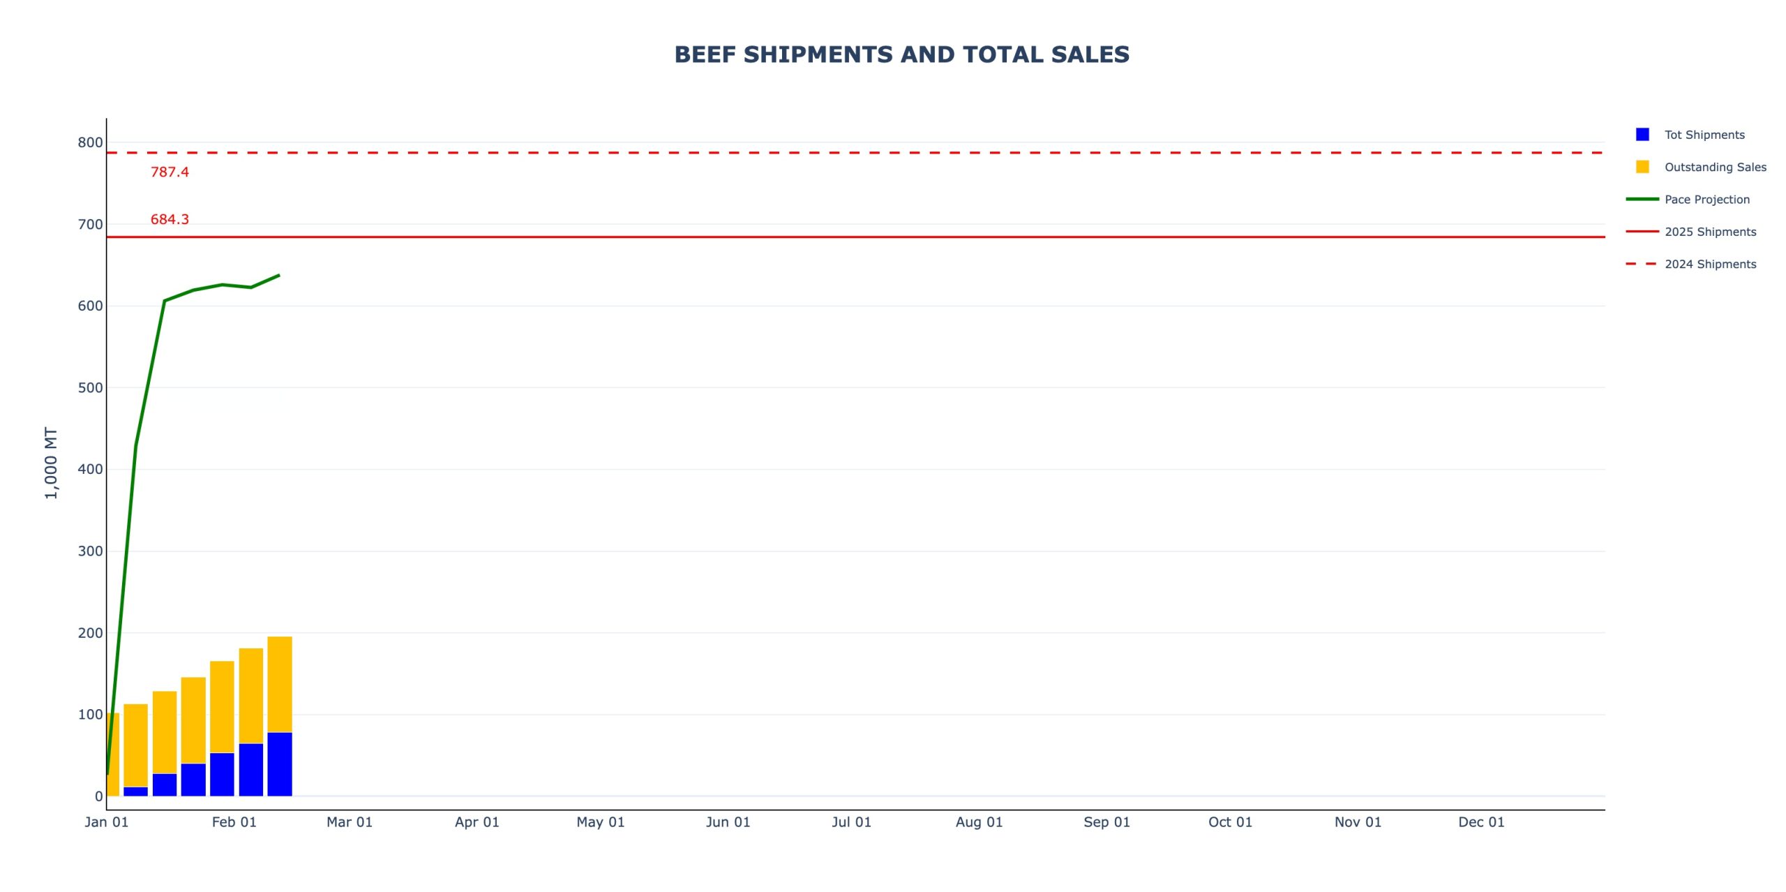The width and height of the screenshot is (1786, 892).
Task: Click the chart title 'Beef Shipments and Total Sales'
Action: pyautogui.click(x=901, y=54)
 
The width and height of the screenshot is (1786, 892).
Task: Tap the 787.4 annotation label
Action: pyautogui.click(x=170, y=172)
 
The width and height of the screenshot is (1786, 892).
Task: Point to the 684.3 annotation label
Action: pyautogui.click(x=170, y=220)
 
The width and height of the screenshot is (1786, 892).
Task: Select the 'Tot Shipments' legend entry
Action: pyautogui.click(x=1704, y=135)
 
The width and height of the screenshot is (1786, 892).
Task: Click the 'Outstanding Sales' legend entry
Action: pyautogui.click(x=1715, y=168)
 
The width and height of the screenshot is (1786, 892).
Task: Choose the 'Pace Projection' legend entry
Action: pyautogui.click(x=1706, y=200)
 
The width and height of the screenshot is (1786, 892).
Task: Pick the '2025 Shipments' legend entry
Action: pyautogui.click(x=1710, y=232)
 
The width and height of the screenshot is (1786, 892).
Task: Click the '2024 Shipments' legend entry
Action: pyautogui.click(x=1710, y=265)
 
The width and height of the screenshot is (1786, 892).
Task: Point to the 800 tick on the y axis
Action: pyautogui.click(x=90, y=142)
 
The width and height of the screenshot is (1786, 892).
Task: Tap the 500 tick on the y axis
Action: pyautogui.click(x=90, y=388)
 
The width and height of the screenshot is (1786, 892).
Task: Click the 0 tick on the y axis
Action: pyautogui.click(x=98, y=796)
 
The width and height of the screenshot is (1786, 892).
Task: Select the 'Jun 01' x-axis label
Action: pyautogui.click(x=728, y=822)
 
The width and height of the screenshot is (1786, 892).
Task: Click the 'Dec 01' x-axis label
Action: pyautogui.click(x=1481, y=822)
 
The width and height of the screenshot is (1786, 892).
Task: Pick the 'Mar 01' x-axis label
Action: pyautogui.click(x=350, y=822)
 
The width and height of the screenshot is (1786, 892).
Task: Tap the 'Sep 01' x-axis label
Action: pyautogui.click(x=1106, y=822)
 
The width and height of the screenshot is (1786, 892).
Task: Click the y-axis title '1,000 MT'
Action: pyautogui.click(x=51, y=463)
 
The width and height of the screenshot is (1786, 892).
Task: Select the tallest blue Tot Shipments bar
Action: pyautogui.click(x=280, y=764)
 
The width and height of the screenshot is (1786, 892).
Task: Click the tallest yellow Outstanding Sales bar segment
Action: pyautogui.click(x=280, y=684)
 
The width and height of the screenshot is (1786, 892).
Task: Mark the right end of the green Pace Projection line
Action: pyautogui.click(x=279, y=275)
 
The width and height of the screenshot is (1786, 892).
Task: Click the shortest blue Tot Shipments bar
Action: pyautogui.click(x=135, y=791)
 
